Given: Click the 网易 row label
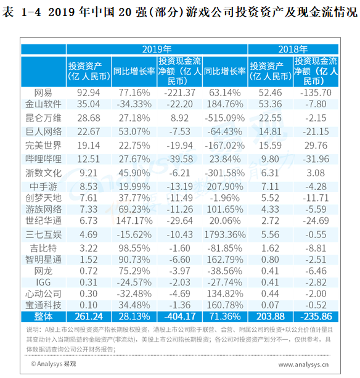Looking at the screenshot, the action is [43, 93].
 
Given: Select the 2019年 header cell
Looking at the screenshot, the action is [157, 49].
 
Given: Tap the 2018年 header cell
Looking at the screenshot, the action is [293, 49].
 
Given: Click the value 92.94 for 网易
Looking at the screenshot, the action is [88, 93].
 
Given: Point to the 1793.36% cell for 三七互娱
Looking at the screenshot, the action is [225, 234].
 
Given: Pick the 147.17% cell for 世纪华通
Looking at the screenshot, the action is [134, 221].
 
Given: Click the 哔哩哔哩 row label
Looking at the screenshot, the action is [43, 159].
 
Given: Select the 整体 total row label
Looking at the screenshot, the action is [43, 316].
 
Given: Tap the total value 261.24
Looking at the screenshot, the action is [89, 316].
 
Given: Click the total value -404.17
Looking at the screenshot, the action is [180, 316].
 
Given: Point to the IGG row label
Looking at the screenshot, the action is [43, 282].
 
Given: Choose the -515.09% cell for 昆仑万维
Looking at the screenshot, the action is [225, 118].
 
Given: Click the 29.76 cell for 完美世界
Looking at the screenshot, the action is [316, 146].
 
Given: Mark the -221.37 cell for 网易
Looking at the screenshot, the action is [180, 93].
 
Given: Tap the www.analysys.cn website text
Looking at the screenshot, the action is [304, 364].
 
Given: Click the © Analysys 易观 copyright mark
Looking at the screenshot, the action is [54, 364].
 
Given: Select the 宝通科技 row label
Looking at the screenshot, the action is [43, 305].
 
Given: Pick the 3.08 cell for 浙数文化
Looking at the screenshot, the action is [316, 173].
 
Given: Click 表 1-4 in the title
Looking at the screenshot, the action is [22, 12].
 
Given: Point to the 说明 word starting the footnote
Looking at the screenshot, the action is [32, 329].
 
